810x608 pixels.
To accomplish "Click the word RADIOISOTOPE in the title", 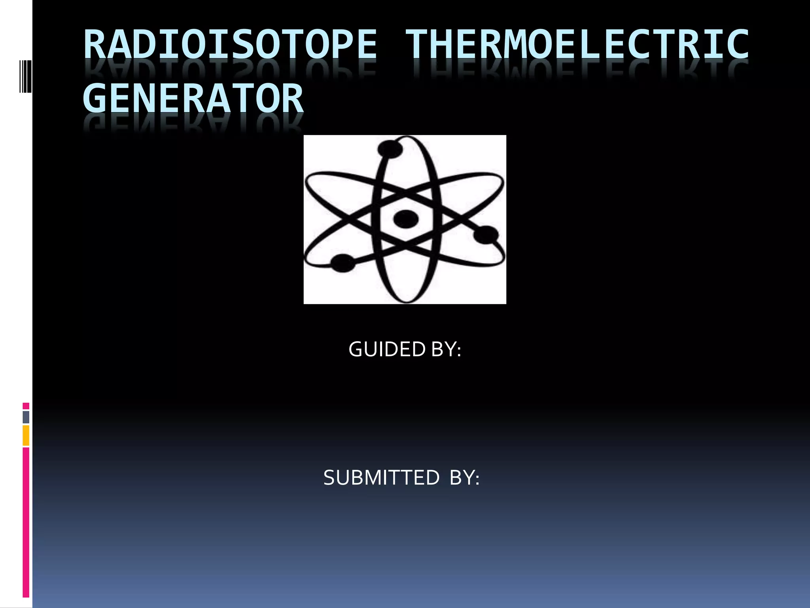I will point(231,44).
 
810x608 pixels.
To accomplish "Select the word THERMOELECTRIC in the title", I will point(577,44).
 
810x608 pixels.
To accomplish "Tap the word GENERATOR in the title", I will point(193,98).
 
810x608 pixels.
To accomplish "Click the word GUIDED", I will point(386,350).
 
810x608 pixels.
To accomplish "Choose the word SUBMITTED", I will point(381,478).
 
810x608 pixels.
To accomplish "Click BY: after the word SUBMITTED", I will point(465,478).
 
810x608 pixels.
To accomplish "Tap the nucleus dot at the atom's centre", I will point(406,218).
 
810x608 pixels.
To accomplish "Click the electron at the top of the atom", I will point(390,149).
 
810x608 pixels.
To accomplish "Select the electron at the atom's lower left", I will point(343,263).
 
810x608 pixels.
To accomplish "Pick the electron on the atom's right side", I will point(486,234).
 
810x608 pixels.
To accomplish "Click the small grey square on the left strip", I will point(26,417).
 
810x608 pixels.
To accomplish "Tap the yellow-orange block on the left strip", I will point(26,435).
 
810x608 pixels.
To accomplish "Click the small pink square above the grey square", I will point(26,406).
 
